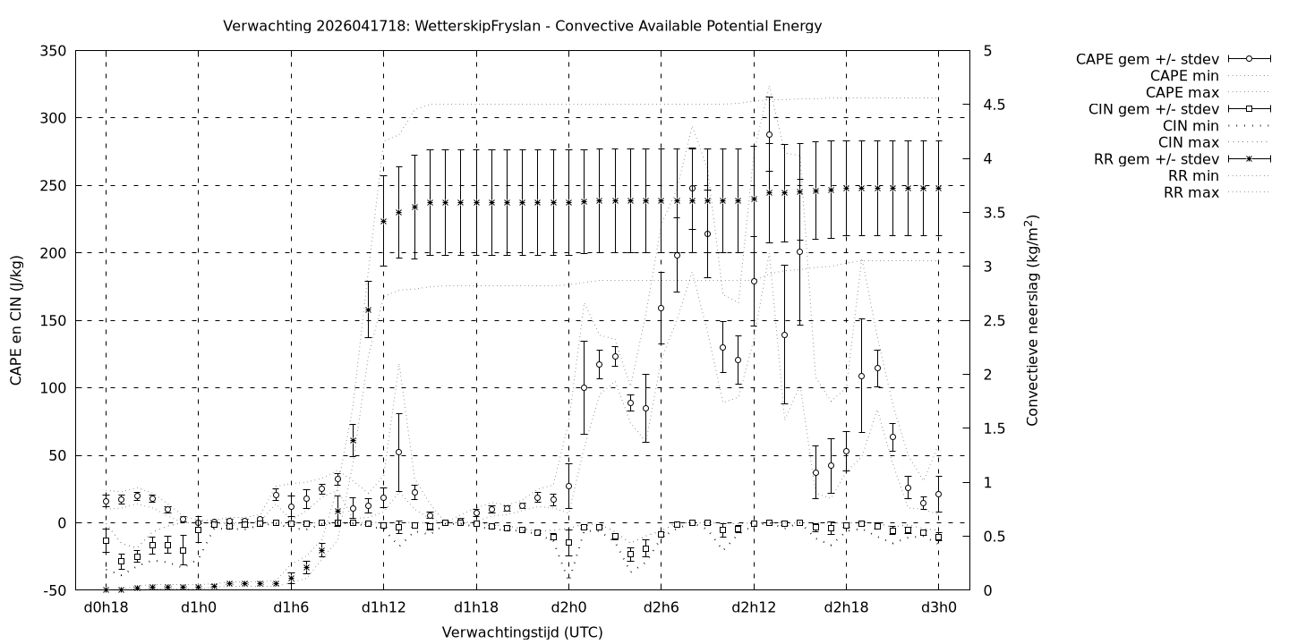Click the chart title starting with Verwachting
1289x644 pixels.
(522, 26)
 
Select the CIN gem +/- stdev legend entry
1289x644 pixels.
(1155, 108)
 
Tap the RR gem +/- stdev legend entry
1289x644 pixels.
(1156, 159)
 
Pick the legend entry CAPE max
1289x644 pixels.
(1183, 92)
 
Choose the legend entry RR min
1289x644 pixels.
(1190, 175)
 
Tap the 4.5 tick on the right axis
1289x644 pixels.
(994, 105)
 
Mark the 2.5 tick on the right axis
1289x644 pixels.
(994, 320)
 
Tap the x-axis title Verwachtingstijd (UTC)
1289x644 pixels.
(522, 632)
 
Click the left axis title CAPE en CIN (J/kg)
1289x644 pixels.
(16, 320)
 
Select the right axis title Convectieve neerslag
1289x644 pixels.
(1032, 320)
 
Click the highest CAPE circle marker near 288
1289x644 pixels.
(769, 135)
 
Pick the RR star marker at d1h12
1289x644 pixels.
(383, 221)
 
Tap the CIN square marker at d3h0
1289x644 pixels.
(938, 537)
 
